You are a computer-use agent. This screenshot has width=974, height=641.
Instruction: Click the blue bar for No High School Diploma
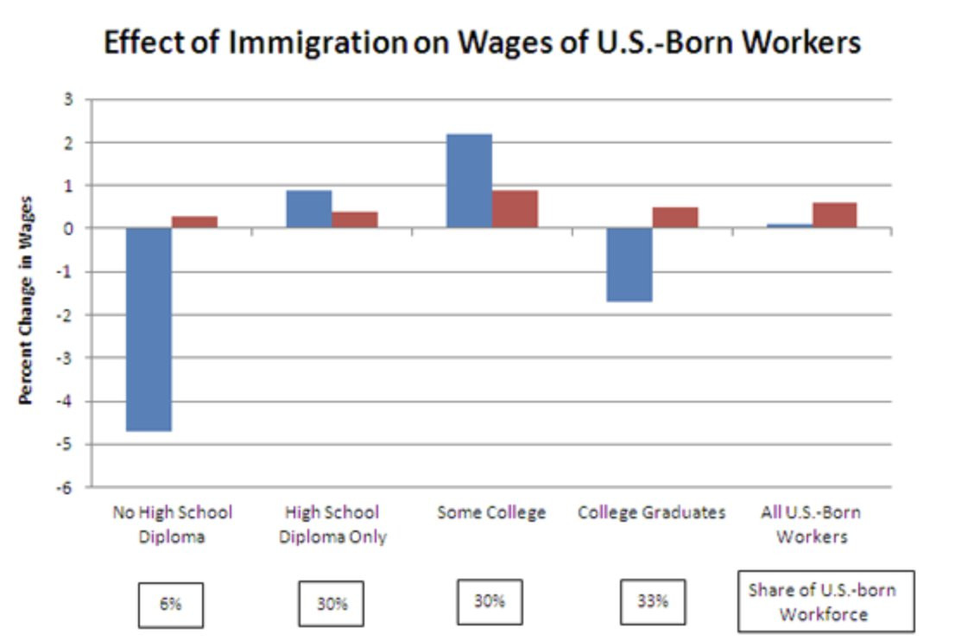pyautogui.click(x=149, y=329)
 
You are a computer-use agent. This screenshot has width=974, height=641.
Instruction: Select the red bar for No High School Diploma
pyautogui.click(x=194, y=222)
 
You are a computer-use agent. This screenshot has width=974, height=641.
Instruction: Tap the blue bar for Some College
pyautogui.click(x=469, y=181)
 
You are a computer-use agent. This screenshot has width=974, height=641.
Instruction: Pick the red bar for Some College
pyautogui.click(x=515, y=209)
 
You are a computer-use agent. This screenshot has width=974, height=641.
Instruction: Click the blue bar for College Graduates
pyautogui.click(x=629, y=264)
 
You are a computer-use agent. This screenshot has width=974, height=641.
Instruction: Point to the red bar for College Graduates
pyautogui.click(x=675, y=218)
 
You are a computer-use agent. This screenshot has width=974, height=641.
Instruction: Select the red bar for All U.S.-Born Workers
pyautogui.click(x=834, y=215)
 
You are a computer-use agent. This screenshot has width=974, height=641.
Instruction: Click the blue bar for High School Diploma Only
pyautogui.click(x=308, y=209)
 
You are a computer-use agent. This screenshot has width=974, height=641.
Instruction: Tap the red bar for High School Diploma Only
pyautogui.click(x=355, y=220)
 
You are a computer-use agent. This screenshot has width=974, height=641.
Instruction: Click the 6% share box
pyautogui.click(x=171, y=604)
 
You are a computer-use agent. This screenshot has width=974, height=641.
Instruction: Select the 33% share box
pyautogui.click(x=653, y=601)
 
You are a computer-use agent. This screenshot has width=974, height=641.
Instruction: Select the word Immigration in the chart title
pyautogui.click(x=317, y=42)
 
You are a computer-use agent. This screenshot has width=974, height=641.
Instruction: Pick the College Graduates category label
pyautogui.click(x=652, y=512)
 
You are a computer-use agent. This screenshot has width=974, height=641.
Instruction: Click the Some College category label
pyautogui.click(x=491, y=512)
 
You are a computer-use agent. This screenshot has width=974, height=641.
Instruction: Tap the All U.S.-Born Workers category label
pyautogui.click(x=811, y=524)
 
